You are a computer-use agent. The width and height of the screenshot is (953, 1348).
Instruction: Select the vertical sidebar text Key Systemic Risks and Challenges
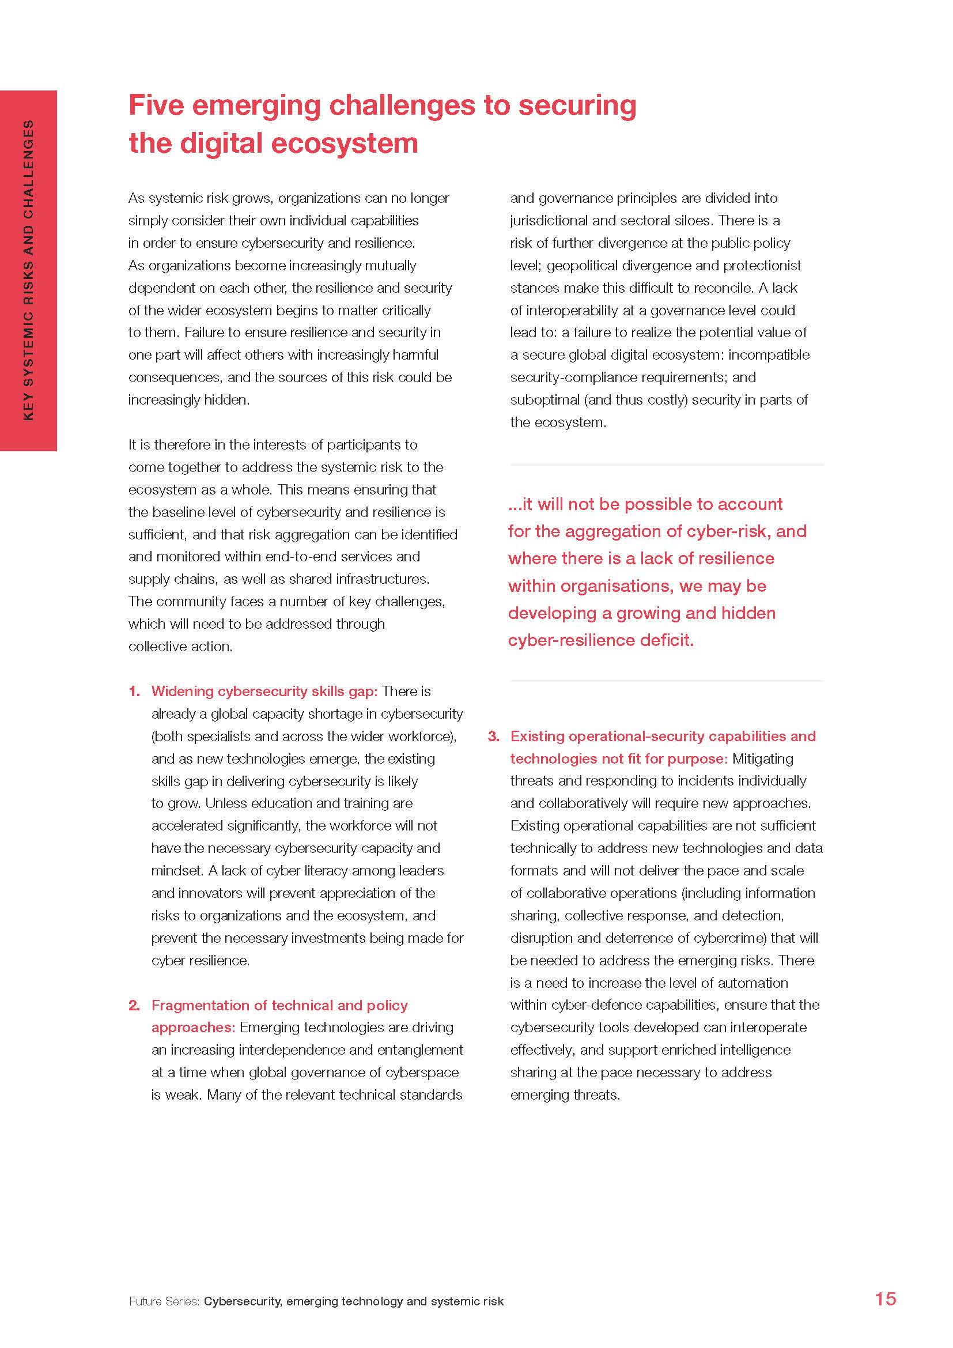[28, 270]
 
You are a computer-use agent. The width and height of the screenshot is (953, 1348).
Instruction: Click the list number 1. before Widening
[134, 691]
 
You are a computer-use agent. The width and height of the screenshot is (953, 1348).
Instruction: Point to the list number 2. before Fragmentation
[134, 1005]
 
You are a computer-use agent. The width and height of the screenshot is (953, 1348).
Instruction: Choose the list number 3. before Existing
[494, 736]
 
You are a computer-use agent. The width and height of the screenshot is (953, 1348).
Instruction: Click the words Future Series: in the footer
[164, 1301]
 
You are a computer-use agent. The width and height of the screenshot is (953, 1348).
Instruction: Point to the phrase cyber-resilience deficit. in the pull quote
[601, 640]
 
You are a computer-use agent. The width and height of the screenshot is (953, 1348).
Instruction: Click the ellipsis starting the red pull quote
[515, 505]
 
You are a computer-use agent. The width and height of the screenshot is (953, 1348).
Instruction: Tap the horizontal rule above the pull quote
[667, 465]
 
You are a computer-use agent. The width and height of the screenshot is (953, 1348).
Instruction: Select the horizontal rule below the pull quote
[667, 681]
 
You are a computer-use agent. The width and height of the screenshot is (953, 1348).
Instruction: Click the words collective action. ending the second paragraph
[180, 647]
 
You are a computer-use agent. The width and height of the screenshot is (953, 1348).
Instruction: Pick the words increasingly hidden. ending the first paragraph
[189, 400]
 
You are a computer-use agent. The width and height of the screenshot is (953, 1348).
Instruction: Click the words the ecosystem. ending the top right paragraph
[558, 422]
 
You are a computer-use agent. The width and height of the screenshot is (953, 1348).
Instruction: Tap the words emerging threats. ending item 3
[565, 1095]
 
